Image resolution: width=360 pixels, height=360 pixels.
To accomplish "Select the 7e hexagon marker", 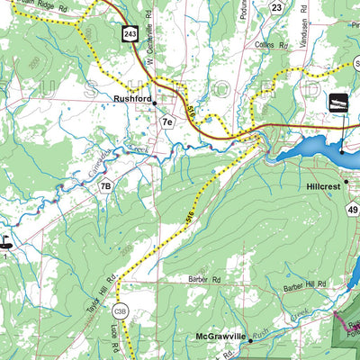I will pos(166,121).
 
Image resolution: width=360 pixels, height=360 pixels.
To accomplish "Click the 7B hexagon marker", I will pos(106,187).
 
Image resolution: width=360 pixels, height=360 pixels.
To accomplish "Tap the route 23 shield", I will pos(277,7).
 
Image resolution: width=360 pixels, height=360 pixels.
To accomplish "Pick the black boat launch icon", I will pos(339,103).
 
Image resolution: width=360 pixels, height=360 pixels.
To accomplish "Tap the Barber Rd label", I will pos(190,280).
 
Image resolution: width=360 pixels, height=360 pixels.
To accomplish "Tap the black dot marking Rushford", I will pos(155,103).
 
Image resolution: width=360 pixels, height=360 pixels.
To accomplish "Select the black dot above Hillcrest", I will pos(342,153).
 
